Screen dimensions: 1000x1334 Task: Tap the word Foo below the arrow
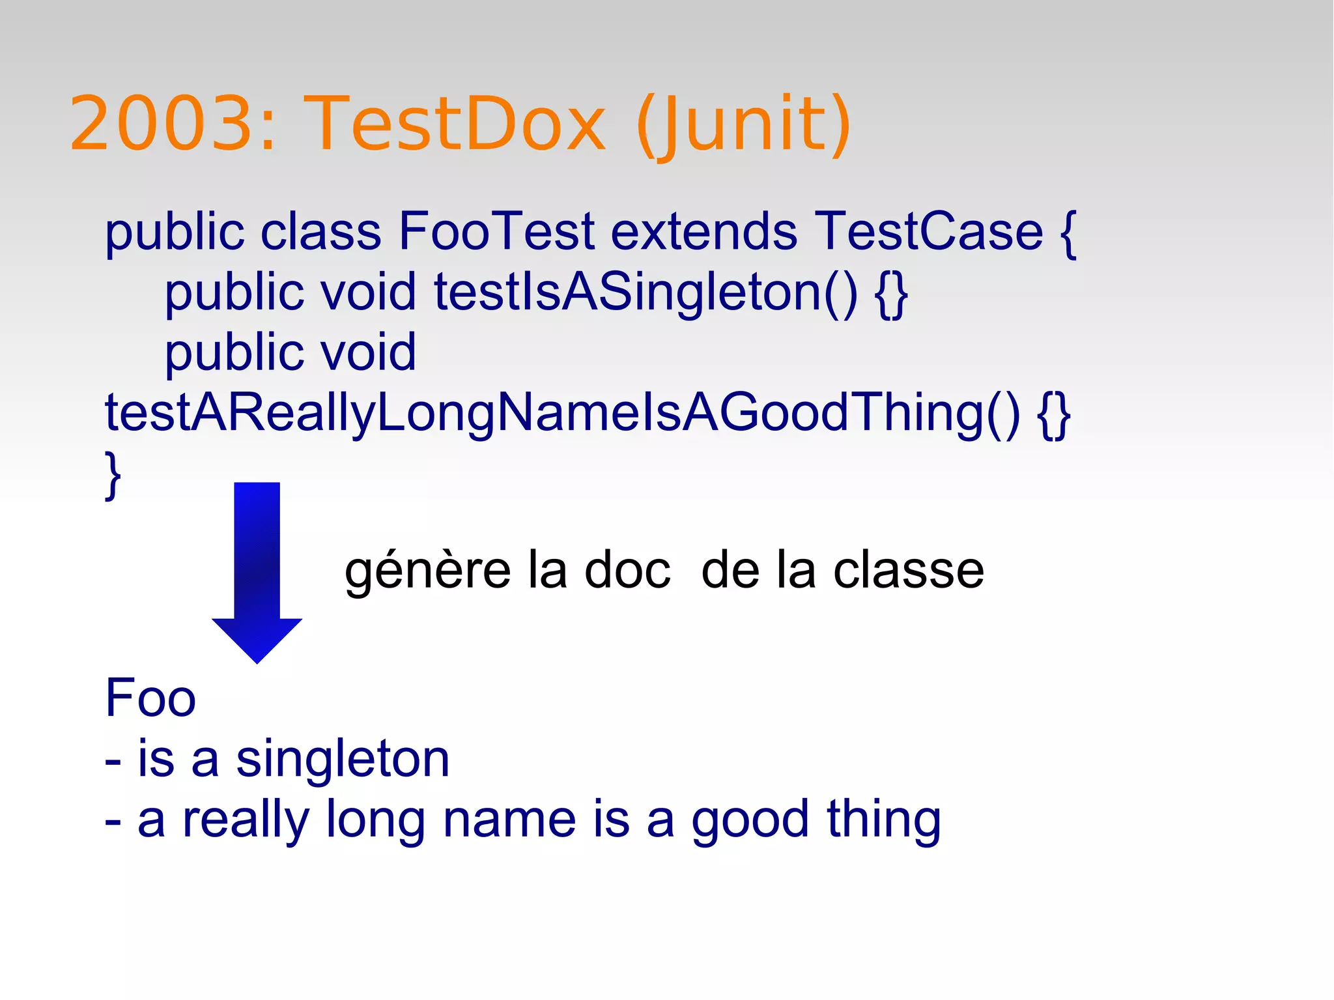[x=150, y=698]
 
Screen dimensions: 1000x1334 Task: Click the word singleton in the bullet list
[x=343, y=760]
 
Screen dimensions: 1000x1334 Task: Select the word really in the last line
[x=245, y=820]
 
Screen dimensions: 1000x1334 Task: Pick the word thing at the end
[x=883, y=820]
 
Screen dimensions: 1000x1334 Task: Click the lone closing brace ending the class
[x=113, y=476]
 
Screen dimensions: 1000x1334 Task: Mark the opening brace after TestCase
[x=1068, y=233]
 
